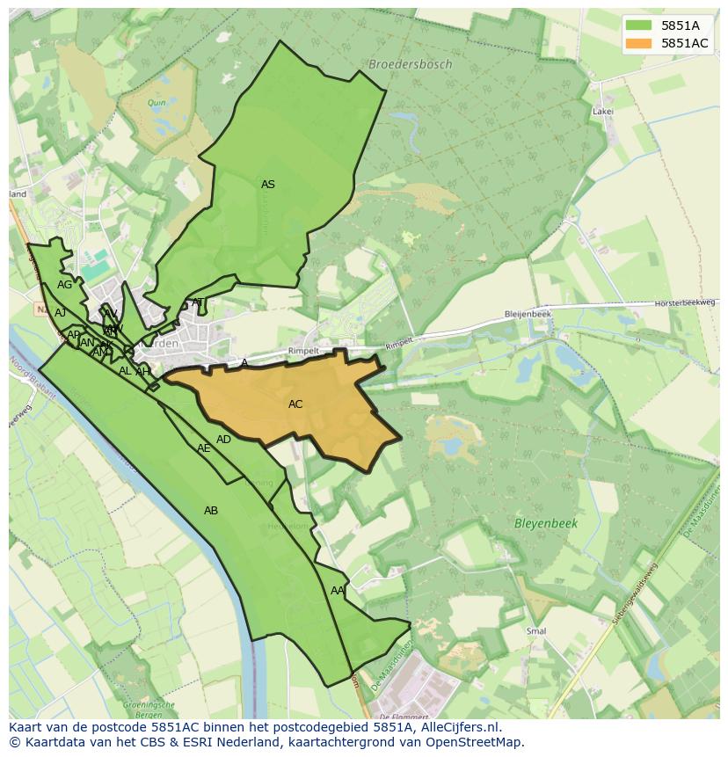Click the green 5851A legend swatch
638,25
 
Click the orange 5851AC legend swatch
638,43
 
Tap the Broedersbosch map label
411,64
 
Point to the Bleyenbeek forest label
545,523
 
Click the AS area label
268,185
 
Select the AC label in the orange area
295,404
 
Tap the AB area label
211,511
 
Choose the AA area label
338,591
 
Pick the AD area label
224,440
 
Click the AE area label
204,448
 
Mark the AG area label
65,285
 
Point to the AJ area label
60,313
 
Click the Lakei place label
602,112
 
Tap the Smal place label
535,631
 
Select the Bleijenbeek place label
528,314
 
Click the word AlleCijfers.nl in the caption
458,727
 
